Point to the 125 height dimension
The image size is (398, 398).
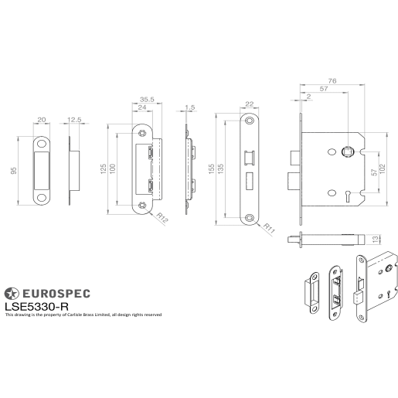point(102,169)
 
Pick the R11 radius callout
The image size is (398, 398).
point(270,228)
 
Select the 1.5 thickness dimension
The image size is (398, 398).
point(190,107)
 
